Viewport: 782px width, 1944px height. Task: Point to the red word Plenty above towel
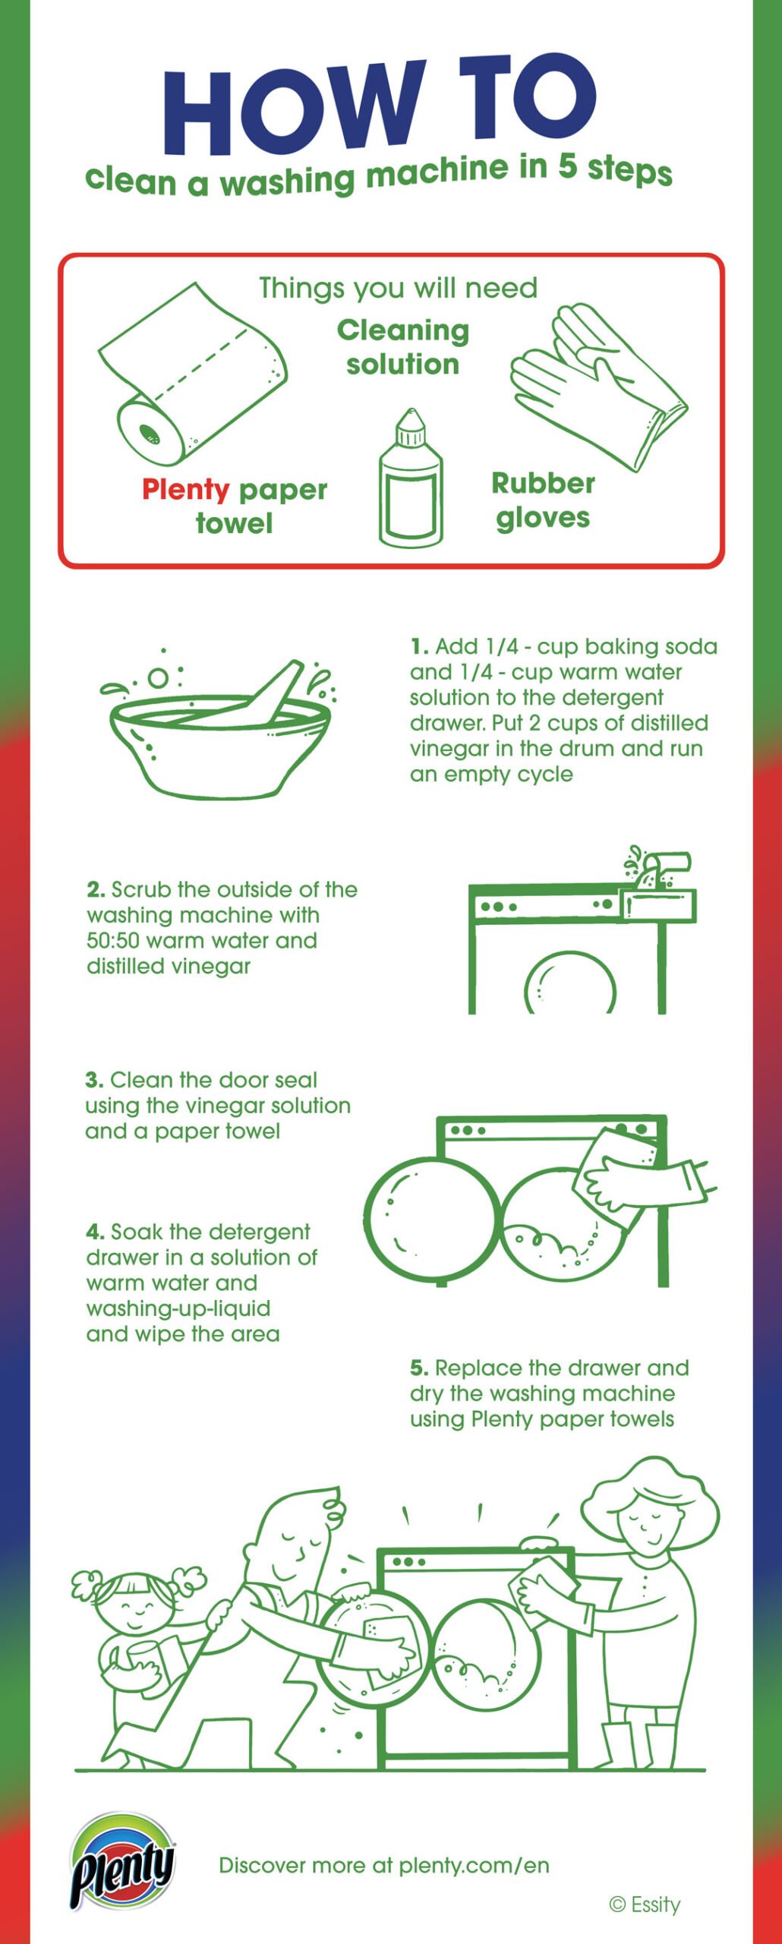pos(185,491)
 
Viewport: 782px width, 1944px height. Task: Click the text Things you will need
pos(398,288)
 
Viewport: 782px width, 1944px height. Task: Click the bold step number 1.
pos(419,647)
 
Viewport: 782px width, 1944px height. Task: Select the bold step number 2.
pos(96,889)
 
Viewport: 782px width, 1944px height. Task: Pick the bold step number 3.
pos(94,1080)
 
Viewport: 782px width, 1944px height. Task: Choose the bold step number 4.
pos(95,1232)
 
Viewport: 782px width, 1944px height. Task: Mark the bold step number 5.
pos(419,1368)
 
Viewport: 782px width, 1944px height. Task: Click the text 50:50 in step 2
pos(113,940)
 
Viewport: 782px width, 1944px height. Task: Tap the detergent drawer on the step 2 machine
pos(657,905)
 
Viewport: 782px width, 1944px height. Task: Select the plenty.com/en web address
pos(474,1866)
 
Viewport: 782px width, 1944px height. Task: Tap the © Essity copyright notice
pos(645,1905)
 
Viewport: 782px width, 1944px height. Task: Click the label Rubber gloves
pos(543,500)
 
